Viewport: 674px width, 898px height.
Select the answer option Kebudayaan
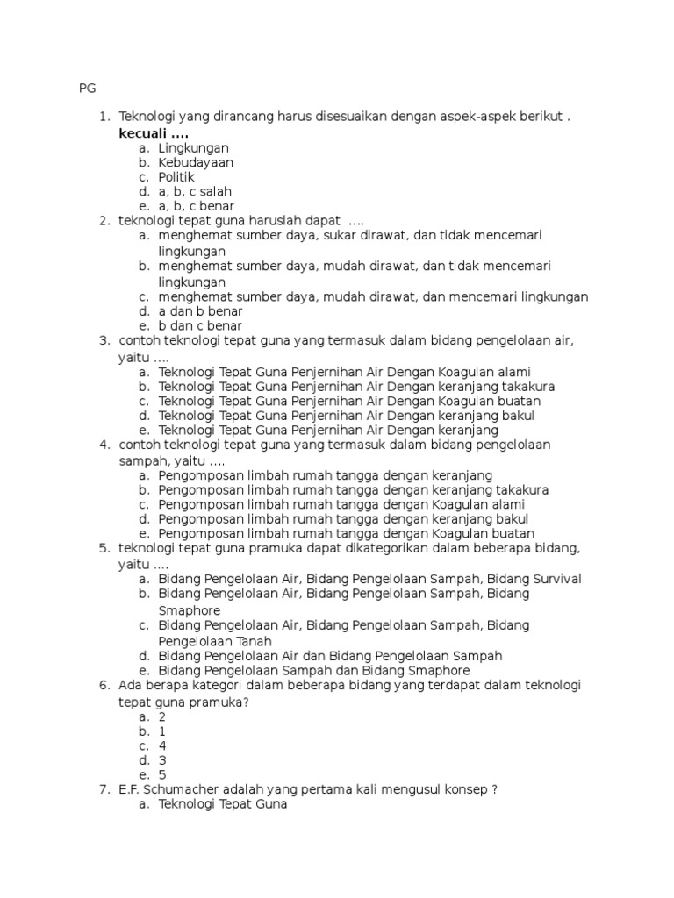[x=196, y=162]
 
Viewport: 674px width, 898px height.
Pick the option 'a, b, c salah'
[x=195, y=191]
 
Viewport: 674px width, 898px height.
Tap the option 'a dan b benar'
[x=200, y=311]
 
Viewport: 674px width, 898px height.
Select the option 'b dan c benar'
[x=200, y=326]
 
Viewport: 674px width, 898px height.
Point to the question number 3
[x=103, y=340]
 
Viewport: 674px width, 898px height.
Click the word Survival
[x=551, y=579]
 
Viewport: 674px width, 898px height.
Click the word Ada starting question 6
[x=131, y=685]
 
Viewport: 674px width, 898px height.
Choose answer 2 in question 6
[x=162, y=716]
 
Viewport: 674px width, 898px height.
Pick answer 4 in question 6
[x=162, y=745]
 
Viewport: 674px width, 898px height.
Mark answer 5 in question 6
[x=162, y=775]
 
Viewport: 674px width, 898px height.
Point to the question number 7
[x=103, y=789]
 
